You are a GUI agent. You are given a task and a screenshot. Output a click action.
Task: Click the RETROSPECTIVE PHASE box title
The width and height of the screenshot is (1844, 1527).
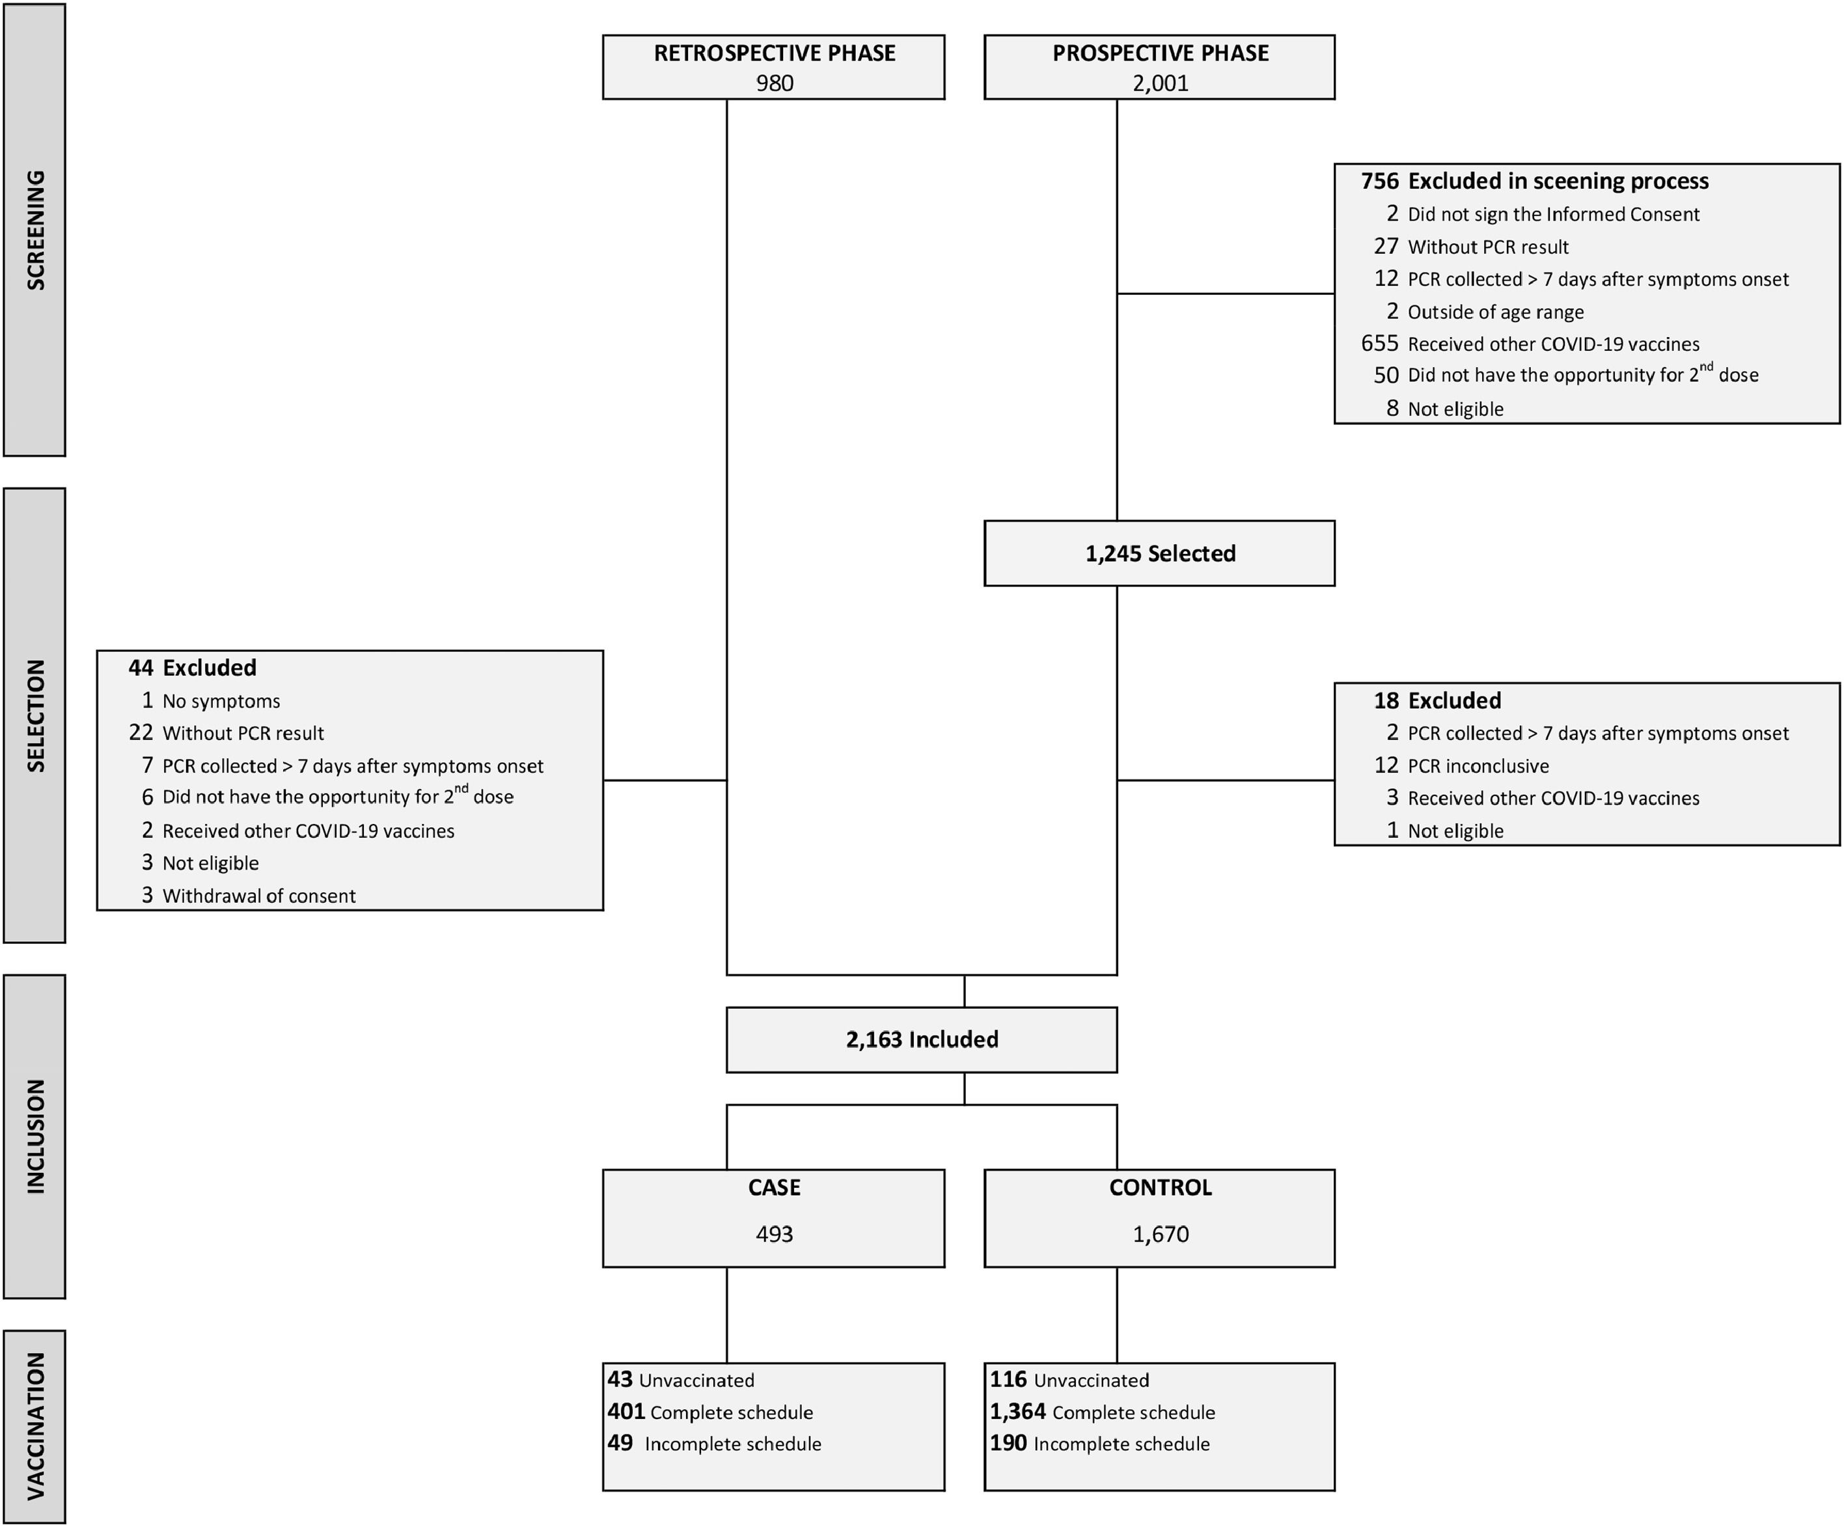coord(774,53)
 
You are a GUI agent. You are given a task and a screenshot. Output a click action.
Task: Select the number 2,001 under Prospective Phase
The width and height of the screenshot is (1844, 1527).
coord(1160,83)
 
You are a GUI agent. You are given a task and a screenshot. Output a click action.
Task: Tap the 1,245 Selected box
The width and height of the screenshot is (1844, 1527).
coord(1159,553)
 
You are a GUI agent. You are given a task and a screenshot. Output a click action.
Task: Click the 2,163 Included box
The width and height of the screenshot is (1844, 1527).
coord(921,1039)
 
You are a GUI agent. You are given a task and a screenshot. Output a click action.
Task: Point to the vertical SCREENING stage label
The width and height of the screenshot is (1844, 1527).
coord(35,230)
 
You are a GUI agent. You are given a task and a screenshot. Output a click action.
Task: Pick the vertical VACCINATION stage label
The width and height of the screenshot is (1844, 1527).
coord(35,1426)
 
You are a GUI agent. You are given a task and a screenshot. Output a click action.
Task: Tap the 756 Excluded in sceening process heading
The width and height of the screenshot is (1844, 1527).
coord(1534,181)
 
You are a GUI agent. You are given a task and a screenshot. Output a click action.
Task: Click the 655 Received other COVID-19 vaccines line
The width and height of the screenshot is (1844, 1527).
coord(1530,344)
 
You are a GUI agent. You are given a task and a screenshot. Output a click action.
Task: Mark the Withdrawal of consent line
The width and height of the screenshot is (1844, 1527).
coord(249,896)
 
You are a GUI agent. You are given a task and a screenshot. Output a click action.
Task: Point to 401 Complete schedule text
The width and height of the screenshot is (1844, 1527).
coord(709,1412)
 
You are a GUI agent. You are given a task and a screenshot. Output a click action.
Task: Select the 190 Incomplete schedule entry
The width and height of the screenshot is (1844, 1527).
coord(1099,1444)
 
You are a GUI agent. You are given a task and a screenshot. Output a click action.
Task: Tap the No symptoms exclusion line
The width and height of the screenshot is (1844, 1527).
coord(211,701)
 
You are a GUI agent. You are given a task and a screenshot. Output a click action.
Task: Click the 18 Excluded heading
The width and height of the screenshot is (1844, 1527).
coord(1437,701)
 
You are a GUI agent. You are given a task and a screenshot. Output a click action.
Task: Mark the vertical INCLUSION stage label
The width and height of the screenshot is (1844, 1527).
coord(35,1136)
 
